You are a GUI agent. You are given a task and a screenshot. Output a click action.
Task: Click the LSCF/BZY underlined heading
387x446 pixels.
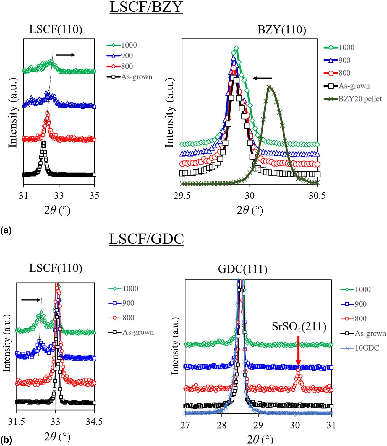(x=146, y=7)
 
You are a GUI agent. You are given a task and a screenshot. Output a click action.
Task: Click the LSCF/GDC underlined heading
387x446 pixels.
(x=146, y=239)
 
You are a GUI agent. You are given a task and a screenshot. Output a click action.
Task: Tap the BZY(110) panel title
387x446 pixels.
(x=281, y=30)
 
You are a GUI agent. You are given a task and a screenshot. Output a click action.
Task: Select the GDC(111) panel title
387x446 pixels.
(x=242, y=269)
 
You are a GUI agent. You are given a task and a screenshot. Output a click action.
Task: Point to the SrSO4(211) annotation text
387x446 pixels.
(x=299, y=327)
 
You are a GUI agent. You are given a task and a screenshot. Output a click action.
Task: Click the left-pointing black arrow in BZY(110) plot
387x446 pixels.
(x=263, y=78)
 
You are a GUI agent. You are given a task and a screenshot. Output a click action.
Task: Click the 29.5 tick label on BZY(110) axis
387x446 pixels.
(x=182, y=196)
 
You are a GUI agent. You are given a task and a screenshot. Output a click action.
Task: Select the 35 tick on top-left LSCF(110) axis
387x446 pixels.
(x=95, y=196)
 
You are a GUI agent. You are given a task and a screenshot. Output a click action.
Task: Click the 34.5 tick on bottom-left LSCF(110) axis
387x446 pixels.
(x=95, y=422)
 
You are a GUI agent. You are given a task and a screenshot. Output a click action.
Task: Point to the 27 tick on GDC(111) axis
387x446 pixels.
(x=185, y=425)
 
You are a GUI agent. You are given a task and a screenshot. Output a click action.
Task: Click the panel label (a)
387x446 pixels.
(x=6, y=230)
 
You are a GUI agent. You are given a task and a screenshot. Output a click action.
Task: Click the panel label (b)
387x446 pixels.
(x=6, y=440)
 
